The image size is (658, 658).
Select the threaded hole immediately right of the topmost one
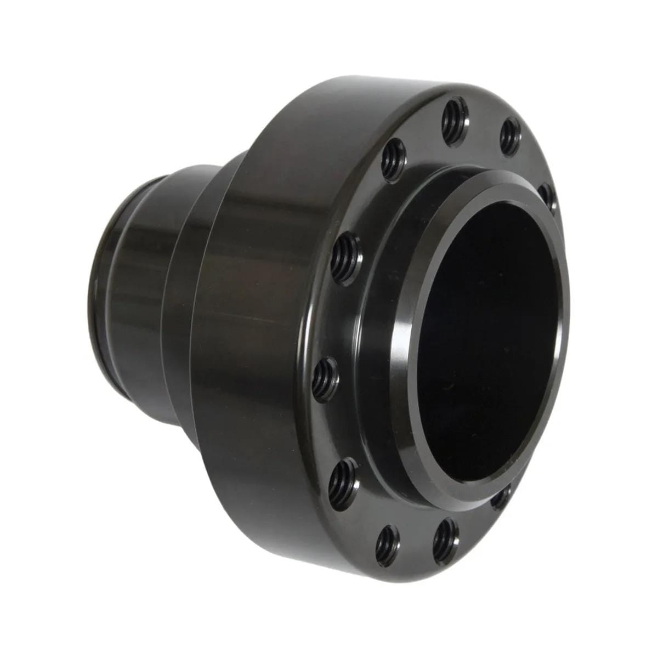[510, 135]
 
